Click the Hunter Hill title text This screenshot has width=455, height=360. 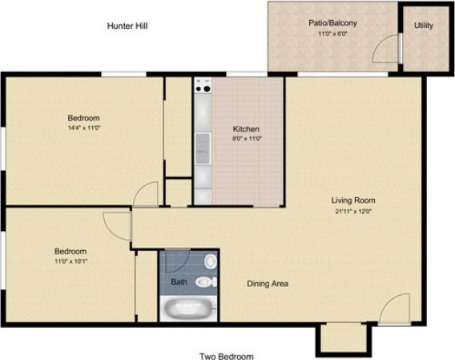pyautogui.click(x=127, y=26)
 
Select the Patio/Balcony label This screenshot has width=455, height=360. pyautogui.click(x=332, y=23)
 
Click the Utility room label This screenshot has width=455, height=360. pyautogui.click(x=424, y=26)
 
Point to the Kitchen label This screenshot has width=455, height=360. pyautogui.click(x=246, y=130)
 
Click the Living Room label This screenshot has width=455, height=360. pyautogui.click(x=353, y=200)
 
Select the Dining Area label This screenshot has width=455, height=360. pyautogui.click(x=267, y=283)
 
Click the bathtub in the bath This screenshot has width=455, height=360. pyautogui.click(x=189, y=308)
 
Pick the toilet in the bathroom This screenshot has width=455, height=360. pyautogui.click(x=205, y=281)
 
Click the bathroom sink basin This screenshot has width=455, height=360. pyautogui.click(x=210, y=261)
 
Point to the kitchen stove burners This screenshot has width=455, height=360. pyautogui.click(x=201, y=85)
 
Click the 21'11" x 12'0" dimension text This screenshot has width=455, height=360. pyautogui.click(x=353, y=212)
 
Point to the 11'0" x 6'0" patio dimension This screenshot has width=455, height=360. pyautogui.click(x=332, y=34)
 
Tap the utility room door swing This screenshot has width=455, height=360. pyautogui.click(x=388, y=48)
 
